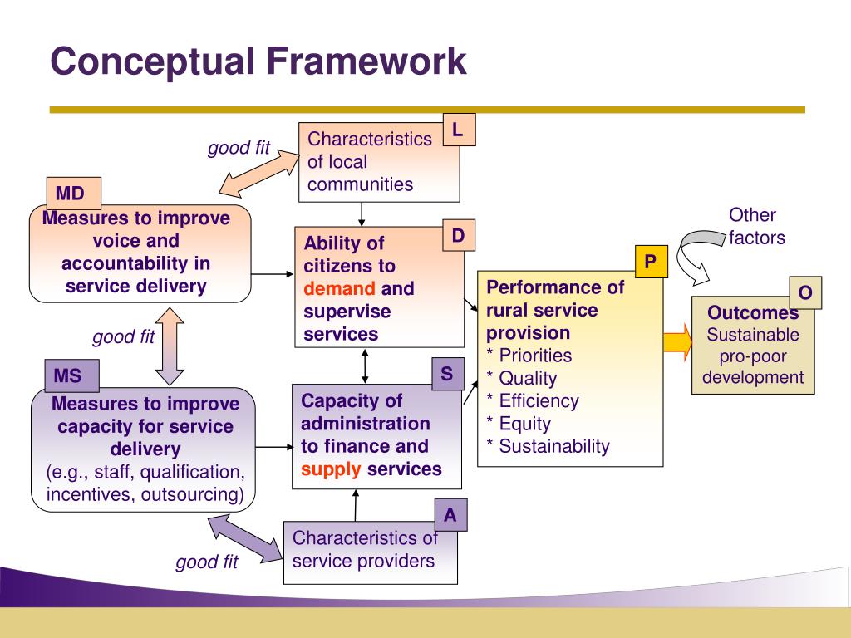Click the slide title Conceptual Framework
click(x=258, y=61)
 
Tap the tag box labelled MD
click(x=71, y=194)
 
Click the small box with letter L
click(x=458, y=130)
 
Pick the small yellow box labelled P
click(x=651, y=263)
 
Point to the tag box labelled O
click(x=804, y=292)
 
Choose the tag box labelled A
click(x=450, y=515)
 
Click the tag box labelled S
click(x=447, y=374)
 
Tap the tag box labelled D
click(x=458, y=237)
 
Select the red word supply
click(x=331, y=469)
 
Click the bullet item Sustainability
click(x=554, y=446)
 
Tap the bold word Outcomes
click(x=753, y=313)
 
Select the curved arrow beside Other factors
click(x=696, y=249)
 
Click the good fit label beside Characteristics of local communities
click(x=239, y=148)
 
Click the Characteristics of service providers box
click(x=364, y=550)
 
